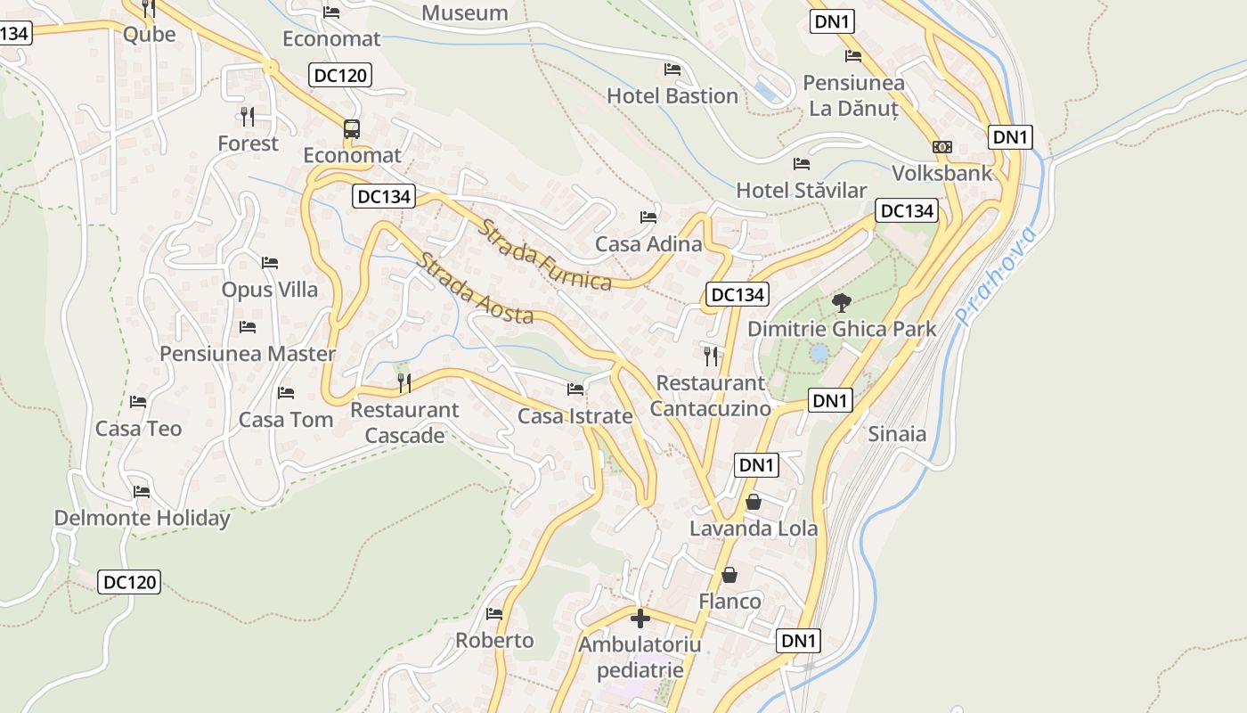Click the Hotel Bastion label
(672, 95)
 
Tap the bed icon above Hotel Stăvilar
(801, 164)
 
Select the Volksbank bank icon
(941, 147)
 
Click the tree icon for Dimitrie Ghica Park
(841, 303)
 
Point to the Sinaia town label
(897, 434)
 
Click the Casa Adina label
(648, 243)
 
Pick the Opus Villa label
(269, 290)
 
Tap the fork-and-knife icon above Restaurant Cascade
(404, 383)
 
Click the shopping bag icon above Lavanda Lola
(753, 502)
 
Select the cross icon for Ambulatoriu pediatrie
(640, 618)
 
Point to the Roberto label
(494, 640)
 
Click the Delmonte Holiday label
(142, 518)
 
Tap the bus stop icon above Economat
(352, 129)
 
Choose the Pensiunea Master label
(248, 354)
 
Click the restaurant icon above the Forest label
(248, 116)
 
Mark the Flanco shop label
(729, 601)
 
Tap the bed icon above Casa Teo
(138, 402)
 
